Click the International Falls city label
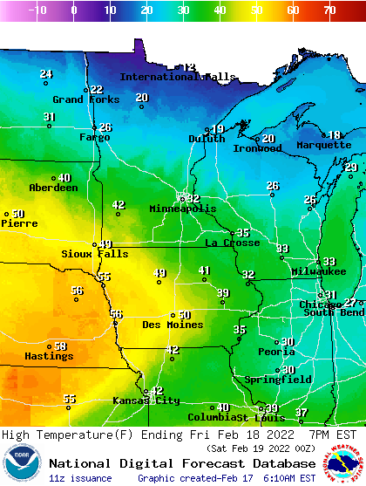(178, 77)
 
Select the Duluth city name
(207, 139)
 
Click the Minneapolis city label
(182, 209)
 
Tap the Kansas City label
(146, 400)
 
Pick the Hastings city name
(49, 356)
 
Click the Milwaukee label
(295, 271)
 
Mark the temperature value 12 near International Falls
(189, 67)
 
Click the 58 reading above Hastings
(60, 346)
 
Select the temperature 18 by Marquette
(335, 135)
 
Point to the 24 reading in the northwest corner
(46, 74)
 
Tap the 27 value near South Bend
(349, 303)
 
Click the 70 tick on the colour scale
(329, 10)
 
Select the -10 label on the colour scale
(37, 10)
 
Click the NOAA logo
(21, 462)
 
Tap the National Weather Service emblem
(342, 462)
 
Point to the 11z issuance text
(80, 478)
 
